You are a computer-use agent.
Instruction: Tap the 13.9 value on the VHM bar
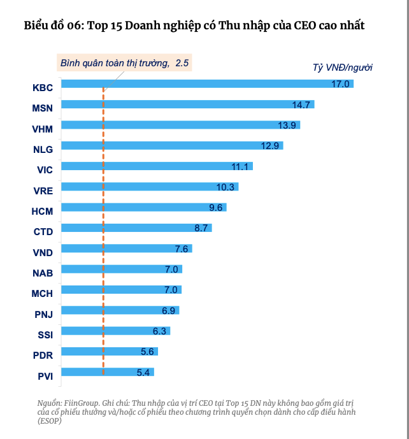[289, 125]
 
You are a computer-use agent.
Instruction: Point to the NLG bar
[172, 145]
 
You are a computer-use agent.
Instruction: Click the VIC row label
[45, 169]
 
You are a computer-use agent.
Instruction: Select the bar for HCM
[144, 207]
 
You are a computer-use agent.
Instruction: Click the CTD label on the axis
[43, 232]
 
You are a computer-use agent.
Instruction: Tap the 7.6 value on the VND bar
[181, 248]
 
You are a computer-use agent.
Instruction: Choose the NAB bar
[122, 269]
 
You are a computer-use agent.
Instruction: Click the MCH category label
[43, 294]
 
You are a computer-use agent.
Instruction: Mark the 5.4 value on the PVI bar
[143, 372]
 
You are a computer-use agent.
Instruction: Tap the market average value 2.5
[182, 63]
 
